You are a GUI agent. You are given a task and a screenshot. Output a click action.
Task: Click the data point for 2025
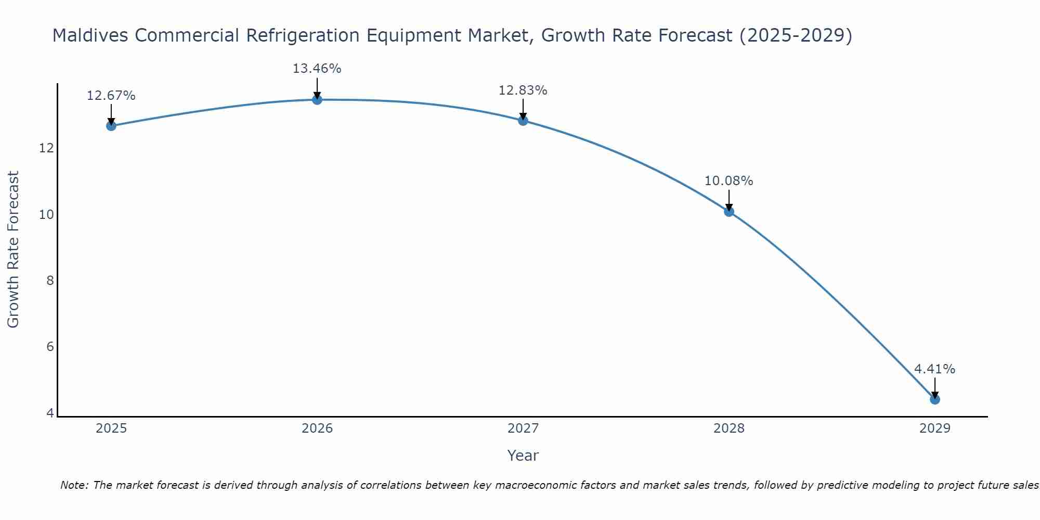click(111, 126)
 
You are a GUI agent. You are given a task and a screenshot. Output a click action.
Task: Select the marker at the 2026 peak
click(317, 99)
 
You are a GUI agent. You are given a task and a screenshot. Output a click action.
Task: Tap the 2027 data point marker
click(523, 121)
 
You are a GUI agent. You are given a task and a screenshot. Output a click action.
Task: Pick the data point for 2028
click(729, 212)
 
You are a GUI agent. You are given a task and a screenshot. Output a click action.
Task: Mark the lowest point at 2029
click(934, 399)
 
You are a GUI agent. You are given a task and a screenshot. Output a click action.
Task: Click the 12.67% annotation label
click(111, 96)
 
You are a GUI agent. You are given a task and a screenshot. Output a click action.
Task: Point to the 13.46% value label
click(317, 69)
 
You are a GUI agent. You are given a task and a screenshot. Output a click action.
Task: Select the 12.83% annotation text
click(523, 90)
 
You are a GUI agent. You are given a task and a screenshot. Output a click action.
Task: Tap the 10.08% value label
click(729, 181)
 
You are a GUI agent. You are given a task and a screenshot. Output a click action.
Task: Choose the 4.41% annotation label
click(934, 369)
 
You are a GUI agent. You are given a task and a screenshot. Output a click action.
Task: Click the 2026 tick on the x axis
click(317, 428)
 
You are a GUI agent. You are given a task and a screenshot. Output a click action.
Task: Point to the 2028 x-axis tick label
click(729, 428)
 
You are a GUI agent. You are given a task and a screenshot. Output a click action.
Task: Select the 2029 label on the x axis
click(934, 428)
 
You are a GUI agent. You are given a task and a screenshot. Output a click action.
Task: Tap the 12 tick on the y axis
click(47, 148)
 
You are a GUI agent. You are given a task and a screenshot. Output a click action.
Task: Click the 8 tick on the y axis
click(50, 281)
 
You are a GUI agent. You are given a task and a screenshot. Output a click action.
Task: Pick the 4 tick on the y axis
click(50, 413)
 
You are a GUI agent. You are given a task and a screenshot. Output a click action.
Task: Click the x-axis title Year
click(523, 456)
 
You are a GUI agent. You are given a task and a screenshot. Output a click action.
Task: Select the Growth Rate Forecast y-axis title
click(14, 250)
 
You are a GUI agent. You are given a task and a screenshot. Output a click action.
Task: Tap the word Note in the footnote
click(74, 485)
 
